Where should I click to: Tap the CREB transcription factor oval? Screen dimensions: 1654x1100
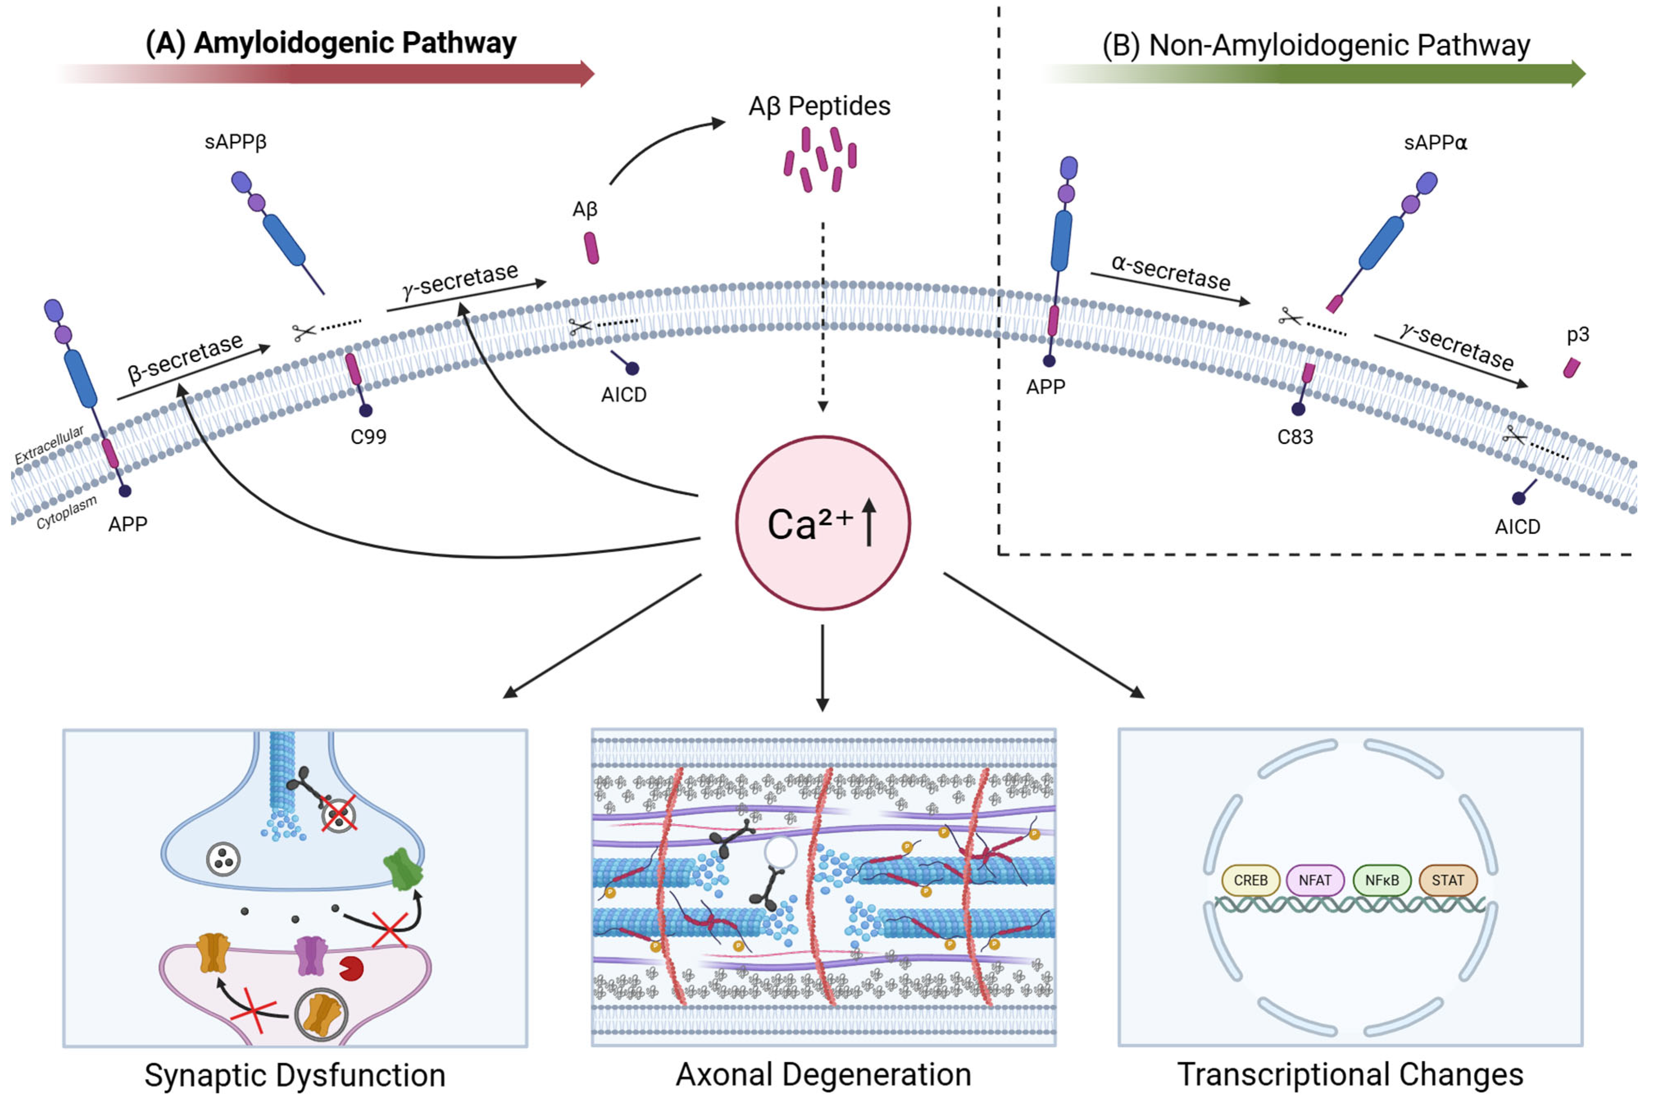pyautogui.click(x=1250, y=880)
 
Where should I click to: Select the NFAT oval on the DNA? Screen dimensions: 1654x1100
pyautogui.click(x=1315, y=880)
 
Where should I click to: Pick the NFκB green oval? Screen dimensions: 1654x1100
pyautogui.click(x=1381, y=880)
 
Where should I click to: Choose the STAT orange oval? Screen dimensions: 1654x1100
pyautogui.click(x=1448, y=880)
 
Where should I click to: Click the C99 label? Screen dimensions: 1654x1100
pyautogui.click(x=368, y=437)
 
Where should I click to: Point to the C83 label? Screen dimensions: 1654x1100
pyautogui.click(x=1295, y=437)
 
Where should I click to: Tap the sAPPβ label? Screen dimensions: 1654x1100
pyautogui.click(x=236, y=142)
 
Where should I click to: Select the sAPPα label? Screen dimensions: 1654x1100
pyautogui.click(x=1435, y=143)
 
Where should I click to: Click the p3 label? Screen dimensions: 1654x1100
pyautogui.click(x=1577, y=335)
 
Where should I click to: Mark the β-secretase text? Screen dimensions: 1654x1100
pyautogui.click(x=186, y=358)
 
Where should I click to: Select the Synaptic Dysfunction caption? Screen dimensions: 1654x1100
pyautogui.click(x=295, y=1075)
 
